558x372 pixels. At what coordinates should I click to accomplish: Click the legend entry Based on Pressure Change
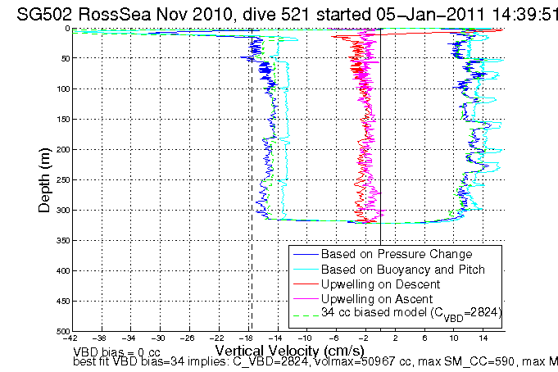coord(397,254)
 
